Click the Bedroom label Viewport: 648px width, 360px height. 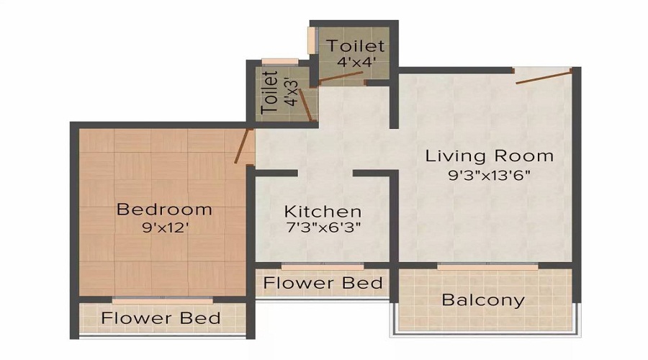164,210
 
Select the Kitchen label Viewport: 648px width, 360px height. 323,212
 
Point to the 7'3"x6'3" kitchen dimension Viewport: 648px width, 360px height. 323,228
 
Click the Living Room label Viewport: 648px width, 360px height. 489,156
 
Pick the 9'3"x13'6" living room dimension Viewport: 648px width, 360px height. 489,174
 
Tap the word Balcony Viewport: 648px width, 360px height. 483,300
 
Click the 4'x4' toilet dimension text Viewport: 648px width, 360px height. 356,62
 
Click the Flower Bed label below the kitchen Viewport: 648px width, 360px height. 323,283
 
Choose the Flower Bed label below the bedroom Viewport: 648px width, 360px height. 161,318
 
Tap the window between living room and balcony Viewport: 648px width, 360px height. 488,267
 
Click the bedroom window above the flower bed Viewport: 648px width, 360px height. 163,298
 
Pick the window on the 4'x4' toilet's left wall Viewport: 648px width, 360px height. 312,40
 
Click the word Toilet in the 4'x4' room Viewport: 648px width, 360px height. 356,46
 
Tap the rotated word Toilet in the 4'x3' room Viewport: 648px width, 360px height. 270,93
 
